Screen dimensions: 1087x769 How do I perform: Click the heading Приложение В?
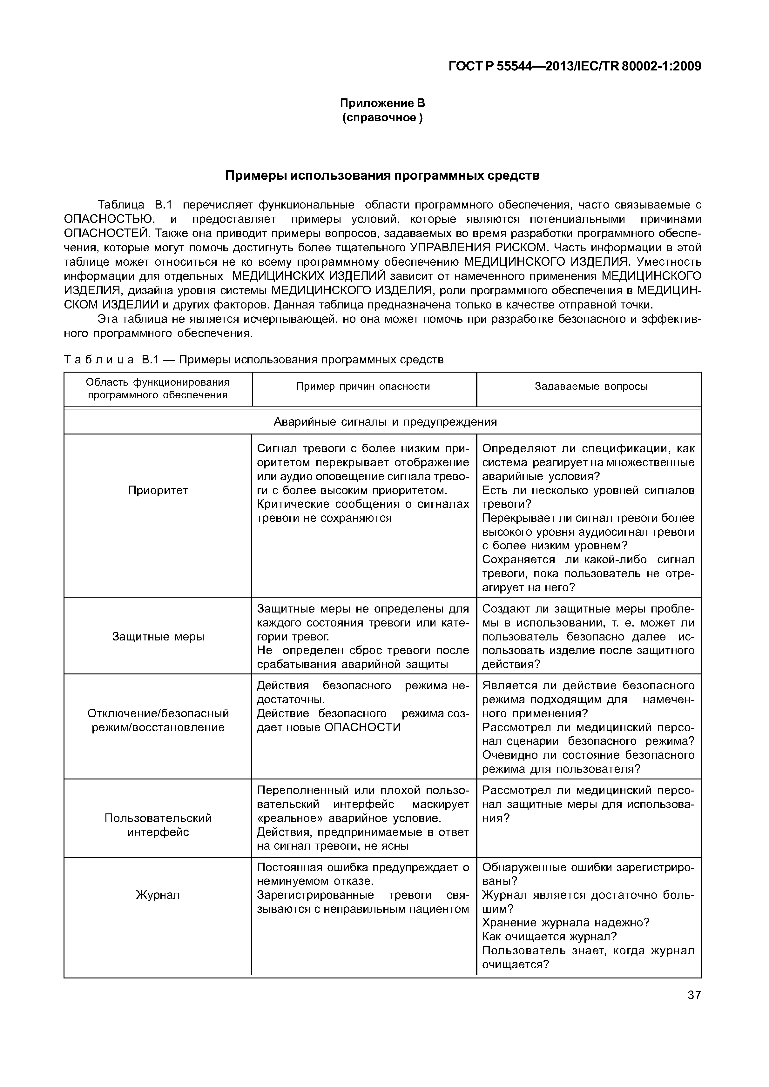pyautogui.click(x=382, y=103)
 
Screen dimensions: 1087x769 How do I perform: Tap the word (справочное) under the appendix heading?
pyautogui.click(x=382, y=117)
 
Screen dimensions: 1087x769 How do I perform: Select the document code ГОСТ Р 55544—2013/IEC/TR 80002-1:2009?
pyautogui.click(x=574, y=66)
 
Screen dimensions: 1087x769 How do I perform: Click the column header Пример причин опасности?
pyautogui.click(x=363, y=386)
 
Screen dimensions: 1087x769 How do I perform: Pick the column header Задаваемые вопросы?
pyautogui.click(x=591, y=386)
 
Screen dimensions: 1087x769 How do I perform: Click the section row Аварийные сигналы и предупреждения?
pyautogui.click(x=385, y=422)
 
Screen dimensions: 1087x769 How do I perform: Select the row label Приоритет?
pyautogui.click(x=158, y=490)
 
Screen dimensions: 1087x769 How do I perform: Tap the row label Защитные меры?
pyautogui.click(x=158, y=637)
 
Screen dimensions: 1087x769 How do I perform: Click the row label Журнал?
pyautogui.click(x=158, y=895)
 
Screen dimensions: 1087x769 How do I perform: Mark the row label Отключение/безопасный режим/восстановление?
pyautogui.click(x=158, y=720)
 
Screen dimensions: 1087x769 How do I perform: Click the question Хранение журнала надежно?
pyautogui.click(x=565, y=923)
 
